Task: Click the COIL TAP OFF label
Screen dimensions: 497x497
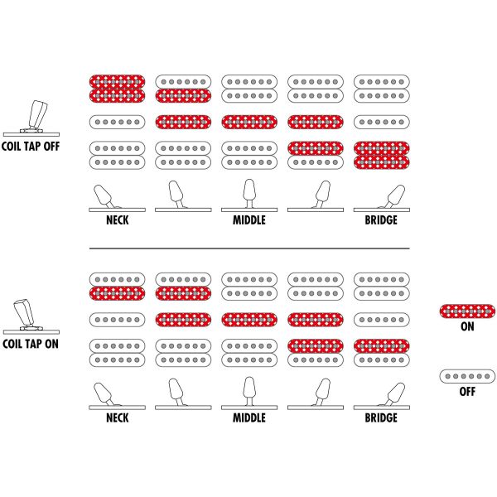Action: [31, 146]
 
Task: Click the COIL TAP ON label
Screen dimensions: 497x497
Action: [31, 344]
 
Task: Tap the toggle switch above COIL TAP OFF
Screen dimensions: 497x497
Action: [31, 118]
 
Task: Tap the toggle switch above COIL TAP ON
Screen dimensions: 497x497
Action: [31, 316]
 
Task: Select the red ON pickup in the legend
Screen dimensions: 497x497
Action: [467, 311]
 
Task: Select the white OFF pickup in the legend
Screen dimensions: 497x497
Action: [467, 376]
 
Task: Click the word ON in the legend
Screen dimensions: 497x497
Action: [467, 326]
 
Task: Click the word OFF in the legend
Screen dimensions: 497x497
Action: [467, 392]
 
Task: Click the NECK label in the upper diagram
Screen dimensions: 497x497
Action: [118, 220]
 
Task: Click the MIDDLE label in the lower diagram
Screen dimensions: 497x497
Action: [249, 417]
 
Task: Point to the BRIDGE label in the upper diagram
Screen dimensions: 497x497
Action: [381, 220]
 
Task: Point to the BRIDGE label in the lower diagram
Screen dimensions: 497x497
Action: [381, 417]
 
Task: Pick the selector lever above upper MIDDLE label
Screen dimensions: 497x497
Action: [249, 194]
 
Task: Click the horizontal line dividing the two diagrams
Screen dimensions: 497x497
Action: [249, 248]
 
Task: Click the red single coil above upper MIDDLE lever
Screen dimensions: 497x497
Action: [249, 122]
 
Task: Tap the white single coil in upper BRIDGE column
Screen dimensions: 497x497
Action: [382, 122]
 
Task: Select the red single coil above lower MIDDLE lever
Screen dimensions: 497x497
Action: [249, 320]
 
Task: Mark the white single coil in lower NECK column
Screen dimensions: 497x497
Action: [118, 320]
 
